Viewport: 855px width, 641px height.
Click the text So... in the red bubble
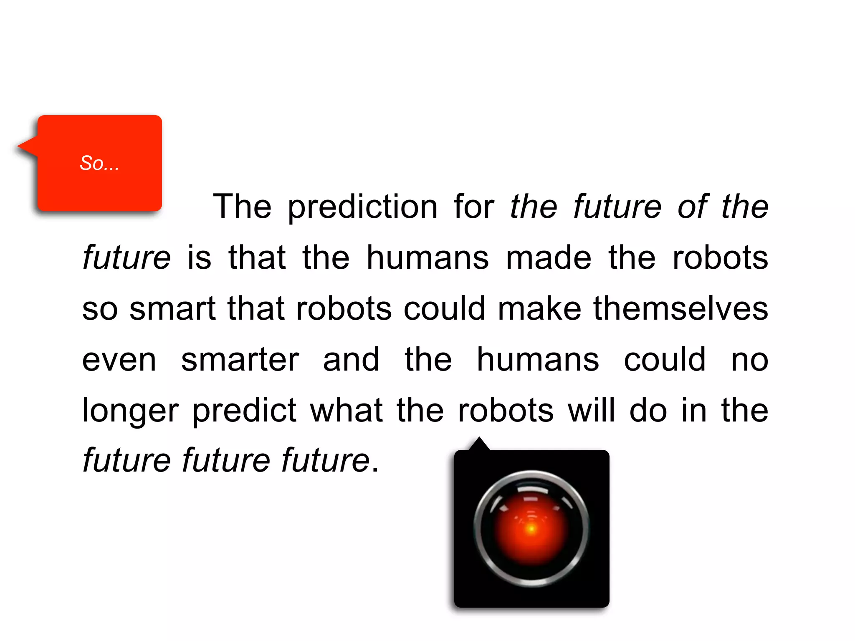tap(99, 163)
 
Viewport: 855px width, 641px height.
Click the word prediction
tap(362, 207)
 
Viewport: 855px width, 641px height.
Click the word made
tap(549, 257)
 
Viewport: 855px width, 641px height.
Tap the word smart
tap(172, 309)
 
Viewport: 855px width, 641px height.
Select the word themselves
tap(680, 309)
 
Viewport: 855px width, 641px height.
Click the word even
tap(119, 360)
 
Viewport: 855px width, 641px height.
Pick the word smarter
tap(240, 360)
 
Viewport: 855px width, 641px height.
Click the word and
tap(351, 360)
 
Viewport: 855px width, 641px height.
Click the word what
tap(346, 411)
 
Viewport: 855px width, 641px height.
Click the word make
tap(539, 309)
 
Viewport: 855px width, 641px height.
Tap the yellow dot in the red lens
tap(531, 529)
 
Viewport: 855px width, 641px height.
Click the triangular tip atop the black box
tap(479, 442)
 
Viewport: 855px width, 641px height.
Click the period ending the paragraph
tap(375, 470)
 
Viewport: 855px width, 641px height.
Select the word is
tap(199, 257)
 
